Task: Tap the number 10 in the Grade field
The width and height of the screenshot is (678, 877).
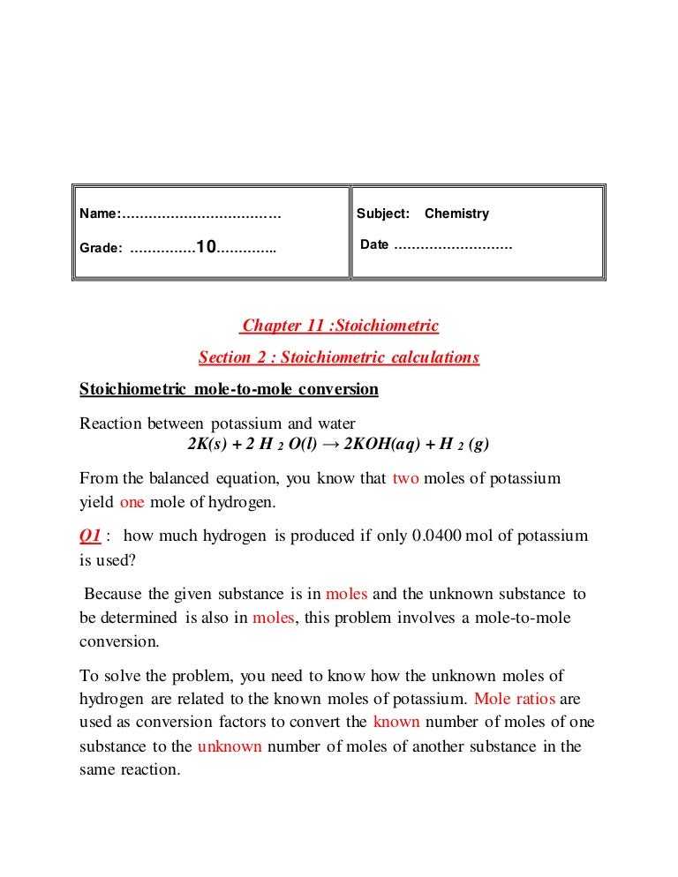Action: click(207, 247)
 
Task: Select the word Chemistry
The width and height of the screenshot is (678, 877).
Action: click(456, 214)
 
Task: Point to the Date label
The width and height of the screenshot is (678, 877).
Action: click(374, 244)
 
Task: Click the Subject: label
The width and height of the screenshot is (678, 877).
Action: click(383, 214)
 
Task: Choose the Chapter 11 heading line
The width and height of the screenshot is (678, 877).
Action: click(340, 326)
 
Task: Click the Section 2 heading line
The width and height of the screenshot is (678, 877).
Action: click(339, 357)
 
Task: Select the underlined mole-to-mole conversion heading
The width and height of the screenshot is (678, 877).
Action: click(229, 389)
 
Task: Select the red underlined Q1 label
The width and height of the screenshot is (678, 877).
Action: click(90, 536)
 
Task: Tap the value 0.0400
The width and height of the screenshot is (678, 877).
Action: click(436, 536)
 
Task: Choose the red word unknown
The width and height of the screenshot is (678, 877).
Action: click(230, 746)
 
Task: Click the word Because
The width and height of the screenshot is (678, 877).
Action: click(115, 594)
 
